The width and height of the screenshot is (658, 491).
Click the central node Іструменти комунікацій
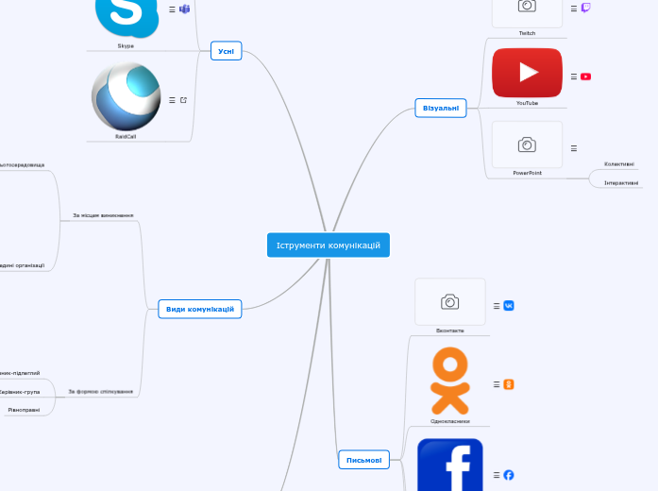tap(328, 245)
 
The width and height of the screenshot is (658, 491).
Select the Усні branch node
tap(226, 51)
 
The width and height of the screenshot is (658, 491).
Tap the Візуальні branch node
tap(440, 109)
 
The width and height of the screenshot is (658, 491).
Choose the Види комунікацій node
tap(200, 309)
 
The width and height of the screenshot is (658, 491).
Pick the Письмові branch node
tap(363, 460)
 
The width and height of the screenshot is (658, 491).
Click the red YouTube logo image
tap(527, 73)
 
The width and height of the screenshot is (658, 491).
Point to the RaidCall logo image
tap(126, 97)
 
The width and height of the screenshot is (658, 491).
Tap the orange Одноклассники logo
tap(449, 381)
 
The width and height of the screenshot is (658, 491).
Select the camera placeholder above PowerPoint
tap(527, 144)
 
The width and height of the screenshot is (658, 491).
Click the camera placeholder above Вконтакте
tap(450, 302)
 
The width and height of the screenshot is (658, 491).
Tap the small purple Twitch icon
tap(586, 8)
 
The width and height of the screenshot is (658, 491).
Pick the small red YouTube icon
tap(586, 76)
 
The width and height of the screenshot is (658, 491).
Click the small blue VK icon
tap(509, 306)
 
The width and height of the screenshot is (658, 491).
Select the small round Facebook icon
tap(509, 474)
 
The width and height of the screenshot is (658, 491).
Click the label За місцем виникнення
tap(103, 215)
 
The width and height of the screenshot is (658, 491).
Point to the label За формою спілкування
tap(101, 391)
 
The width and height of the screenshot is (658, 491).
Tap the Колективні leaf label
tap(619, 163)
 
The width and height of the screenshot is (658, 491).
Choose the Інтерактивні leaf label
tap(621, 182)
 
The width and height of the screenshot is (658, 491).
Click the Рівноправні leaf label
tap(24, 410)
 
